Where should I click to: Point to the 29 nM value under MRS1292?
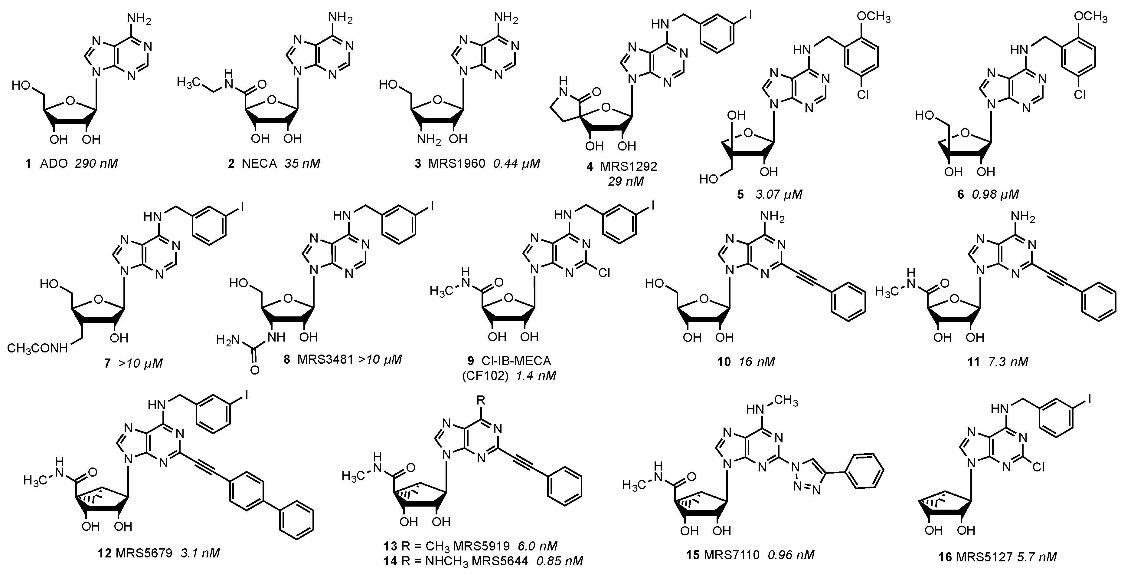tap(626, 181)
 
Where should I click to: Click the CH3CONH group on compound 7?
tap(38, 349)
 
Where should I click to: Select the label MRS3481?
tap(325, 360)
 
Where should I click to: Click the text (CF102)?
tap(485, 375)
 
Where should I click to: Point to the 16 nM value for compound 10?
tap(757, 362)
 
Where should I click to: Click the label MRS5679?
tap(144, 553)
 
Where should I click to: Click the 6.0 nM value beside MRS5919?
tap(538, 546)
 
